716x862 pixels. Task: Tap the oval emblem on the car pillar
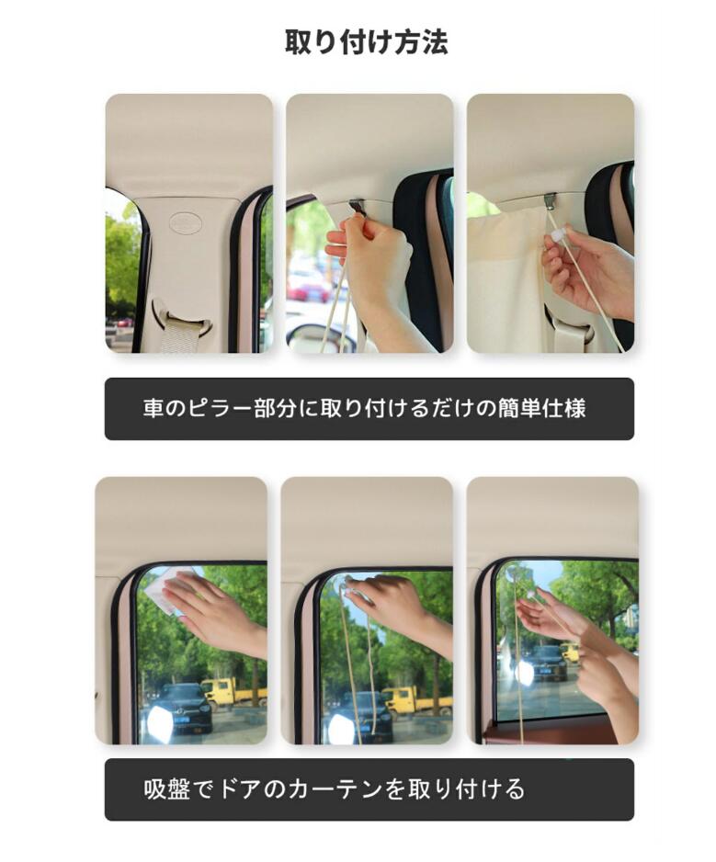tap(186, 222)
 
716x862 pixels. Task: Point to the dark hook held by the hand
tap(358, 209)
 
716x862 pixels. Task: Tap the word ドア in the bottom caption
tap(240, 789)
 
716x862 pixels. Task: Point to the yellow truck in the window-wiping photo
tap(234, 692)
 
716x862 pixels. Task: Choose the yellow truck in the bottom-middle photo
tap(417, 699)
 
